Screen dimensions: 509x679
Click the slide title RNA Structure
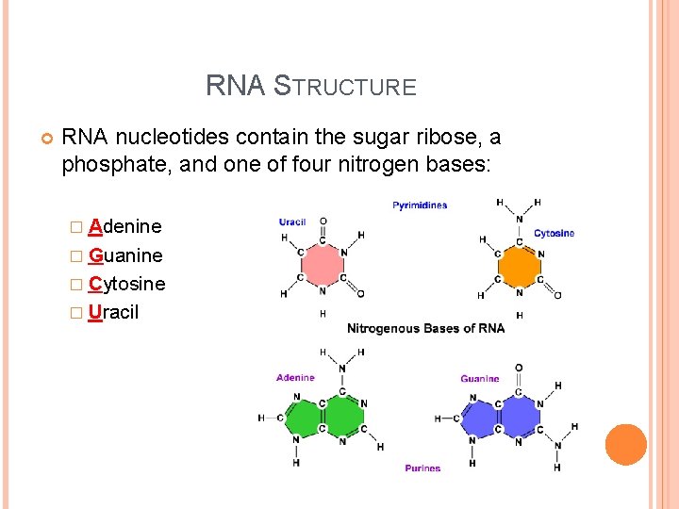(x=310, y=87)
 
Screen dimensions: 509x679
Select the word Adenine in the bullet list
(x=124, y=226)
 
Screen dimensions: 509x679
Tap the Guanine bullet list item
(x=124, y=255)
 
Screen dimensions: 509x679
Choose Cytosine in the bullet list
(x=126, y=284)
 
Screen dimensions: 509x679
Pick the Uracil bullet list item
(x=113, y=312)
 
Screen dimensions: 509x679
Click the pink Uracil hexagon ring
(x=322, y=265)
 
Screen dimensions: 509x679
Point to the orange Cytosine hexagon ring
(x=519, y=266)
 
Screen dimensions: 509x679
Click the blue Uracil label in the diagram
(x=292, y=222)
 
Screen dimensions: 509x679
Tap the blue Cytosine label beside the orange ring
(x=554, y=233)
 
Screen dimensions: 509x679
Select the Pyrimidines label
(x=420, y=205)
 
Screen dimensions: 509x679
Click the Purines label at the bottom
(x=422, y=468)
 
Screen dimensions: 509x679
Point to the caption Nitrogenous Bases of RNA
(x=425, y=328)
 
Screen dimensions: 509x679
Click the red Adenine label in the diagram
(x=295, y=378)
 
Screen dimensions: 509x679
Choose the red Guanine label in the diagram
(x=480, y=379)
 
